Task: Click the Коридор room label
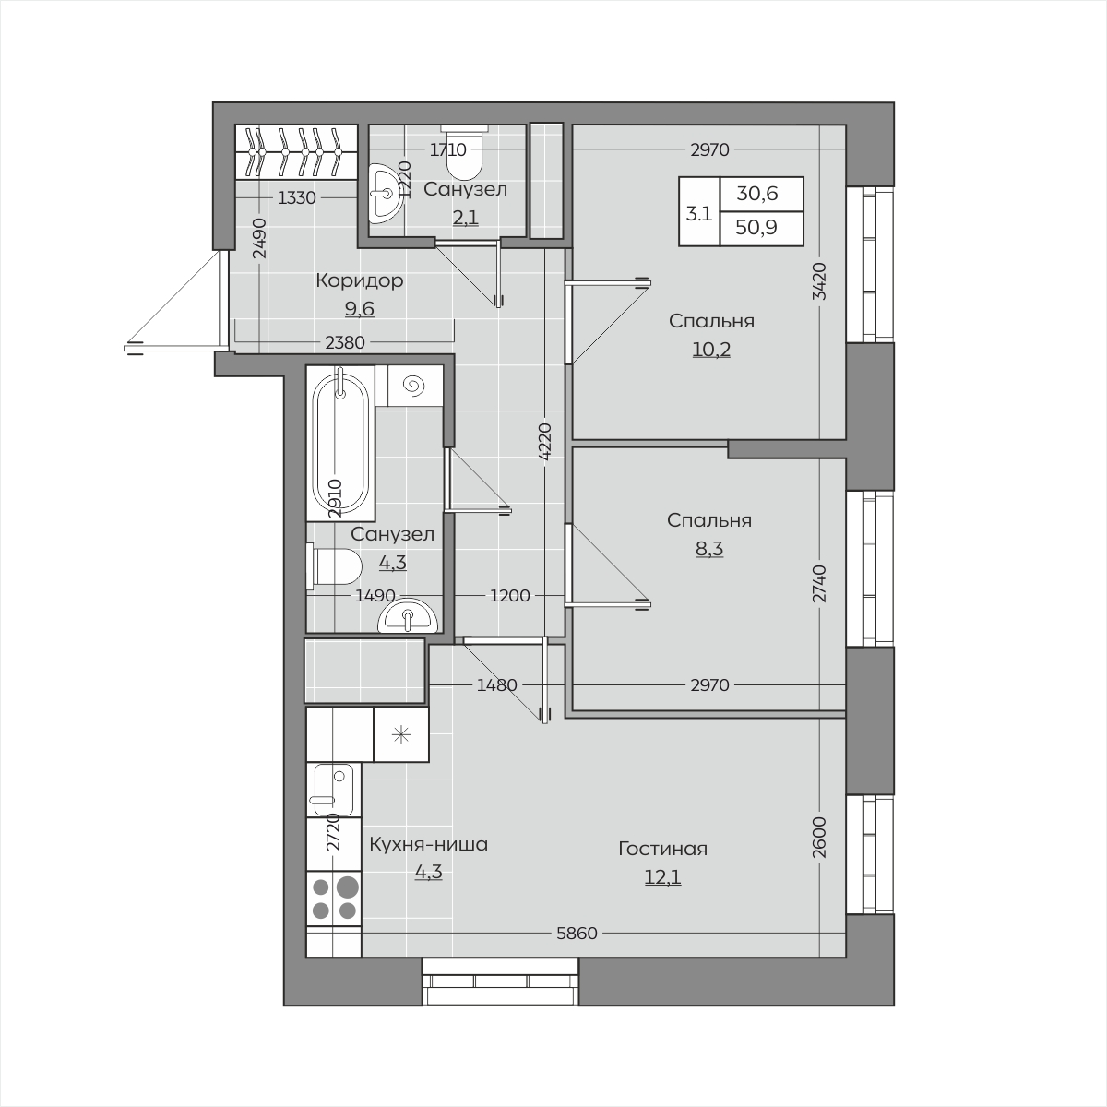[360, 281]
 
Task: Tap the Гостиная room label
[663, 849]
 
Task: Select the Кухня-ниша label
[429, 844]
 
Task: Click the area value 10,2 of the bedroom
[711, 350]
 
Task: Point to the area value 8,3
[709, 549]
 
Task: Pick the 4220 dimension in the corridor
[545, 442]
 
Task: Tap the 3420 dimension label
[820, 281]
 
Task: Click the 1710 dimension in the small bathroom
[448, 150]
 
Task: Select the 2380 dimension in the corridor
[345, 343]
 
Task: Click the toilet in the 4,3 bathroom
[334, 567]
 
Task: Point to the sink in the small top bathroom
[383, 194]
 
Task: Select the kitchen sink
[334, 790]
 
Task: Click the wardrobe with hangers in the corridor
[296, 151]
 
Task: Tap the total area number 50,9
[756, 228]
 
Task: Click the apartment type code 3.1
[699, 214]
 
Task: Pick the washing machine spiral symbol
[414, 386]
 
